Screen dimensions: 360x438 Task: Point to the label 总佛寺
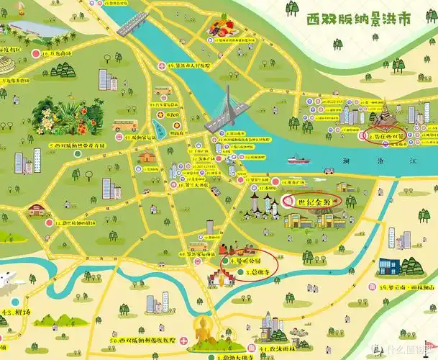[x=257, y=273]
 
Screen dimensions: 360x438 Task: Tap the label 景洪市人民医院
[x=190, y=66]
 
